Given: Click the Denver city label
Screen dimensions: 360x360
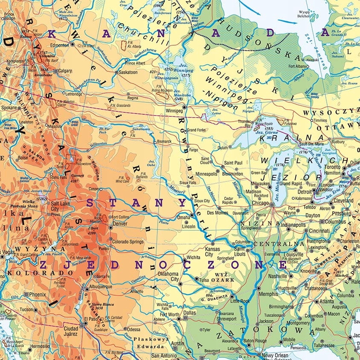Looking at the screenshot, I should [x=119, y=223].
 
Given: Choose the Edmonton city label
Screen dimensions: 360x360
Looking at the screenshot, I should [x=59, y=45].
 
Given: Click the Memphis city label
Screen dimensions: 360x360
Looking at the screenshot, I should [x=268, y=294].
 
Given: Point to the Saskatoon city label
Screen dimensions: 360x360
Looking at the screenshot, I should [x=128, y=73].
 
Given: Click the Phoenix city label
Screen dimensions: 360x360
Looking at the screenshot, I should [x=38, y=294].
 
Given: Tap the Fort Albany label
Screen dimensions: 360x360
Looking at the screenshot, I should [x=298, y=66].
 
